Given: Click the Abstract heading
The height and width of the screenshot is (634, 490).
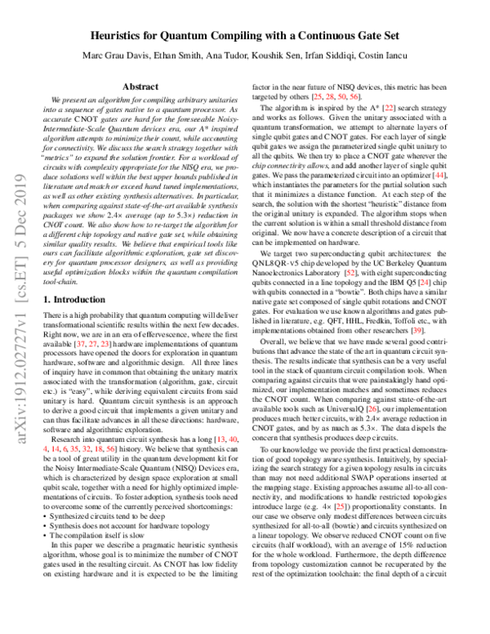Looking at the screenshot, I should [140, 86].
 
